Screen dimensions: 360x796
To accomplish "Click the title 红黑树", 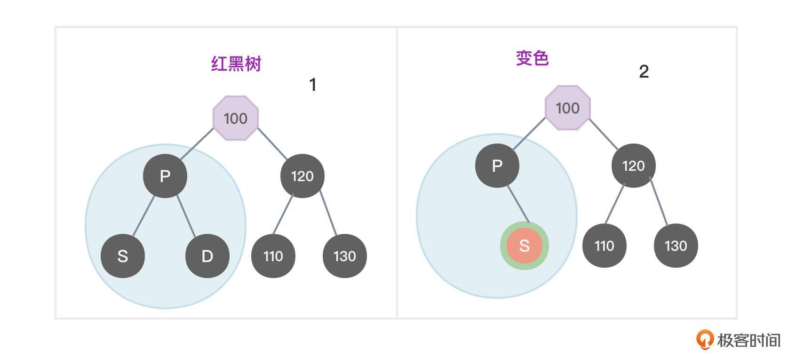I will (236, 64).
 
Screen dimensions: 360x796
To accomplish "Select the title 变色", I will (532, 58).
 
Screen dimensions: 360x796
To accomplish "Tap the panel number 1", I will (312, 85).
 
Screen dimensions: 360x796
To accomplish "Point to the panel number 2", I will (644, 72).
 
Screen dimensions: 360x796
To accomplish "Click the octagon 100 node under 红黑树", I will (236, 118).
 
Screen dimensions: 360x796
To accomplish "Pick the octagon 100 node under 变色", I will (567, 108).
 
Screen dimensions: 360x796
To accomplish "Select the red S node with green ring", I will (524, 246).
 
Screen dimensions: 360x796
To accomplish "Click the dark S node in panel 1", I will (123, 256).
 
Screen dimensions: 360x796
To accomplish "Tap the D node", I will (207, 256).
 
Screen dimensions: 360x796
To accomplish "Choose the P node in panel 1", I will (165, 176).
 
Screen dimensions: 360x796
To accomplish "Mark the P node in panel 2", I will (497, 166).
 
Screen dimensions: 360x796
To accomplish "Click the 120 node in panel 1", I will (302, 176).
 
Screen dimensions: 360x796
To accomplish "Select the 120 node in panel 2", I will (633, 166).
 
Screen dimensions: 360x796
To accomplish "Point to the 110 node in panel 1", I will (273, 256).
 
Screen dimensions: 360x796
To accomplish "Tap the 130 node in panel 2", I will (676, 246).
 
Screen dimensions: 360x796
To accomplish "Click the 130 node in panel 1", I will (344, 256).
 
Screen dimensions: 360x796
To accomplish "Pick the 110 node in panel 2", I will (604, 246).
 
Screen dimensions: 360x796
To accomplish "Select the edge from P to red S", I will (518, 204).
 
